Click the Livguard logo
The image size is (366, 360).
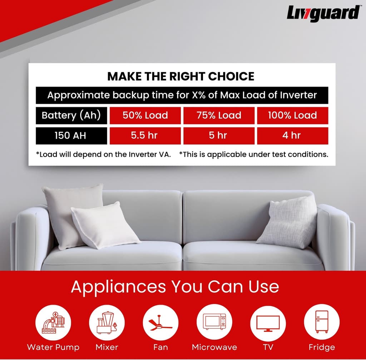[x=323, y=14]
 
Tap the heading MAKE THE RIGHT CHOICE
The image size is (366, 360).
[x=181, y=76]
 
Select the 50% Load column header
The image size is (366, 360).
[x=145, y=115]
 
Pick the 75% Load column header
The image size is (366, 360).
[x=219, y=115]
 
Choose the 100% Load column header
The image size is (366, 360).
[x=292, y=115]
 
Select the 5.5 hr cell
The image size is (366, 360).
[x=145, y=136]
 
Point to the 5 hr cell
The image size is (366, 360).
[x=219, y=136]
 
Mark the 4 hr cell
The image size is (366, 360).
[x=292, y=136]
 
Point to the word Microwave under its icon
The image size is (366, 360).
[x=214, y=347]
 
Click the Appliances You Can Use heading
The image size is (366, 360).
[x=175, y=287]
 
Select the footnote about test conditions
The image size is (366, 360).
[x=253, y=155]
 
